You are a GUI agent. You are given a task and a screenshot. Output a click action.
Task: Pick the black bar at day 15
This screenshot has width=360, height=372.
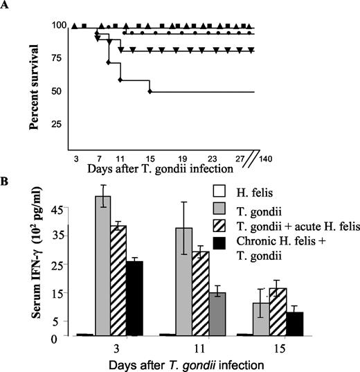tap(295, 323)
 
